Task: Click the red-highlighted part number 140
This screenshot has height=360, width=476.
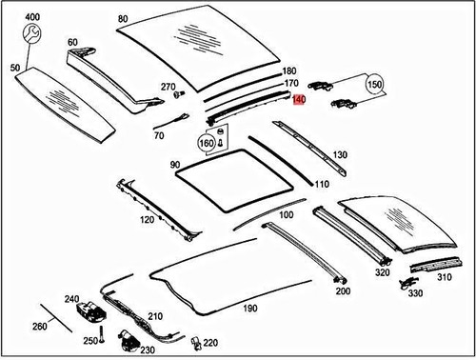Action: [x=299, y=99]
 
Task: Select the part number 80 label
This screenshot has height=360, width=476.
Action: [x=122, y=18]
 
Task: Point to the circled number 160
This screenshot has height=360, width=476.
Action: [x=205, y=144]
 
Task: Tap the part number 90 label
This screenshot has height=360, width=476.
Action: [x=175, y=166]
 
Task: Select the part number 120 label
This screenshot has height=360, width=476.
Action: [x=147, y=220]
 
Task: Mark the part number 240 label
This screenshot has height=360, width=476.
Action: [x=72, y=298]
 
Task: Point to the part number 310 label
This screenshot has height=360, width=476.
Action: [x=443, y=278]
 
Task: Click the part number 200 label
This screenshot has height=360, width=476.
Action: [x=343, y=290]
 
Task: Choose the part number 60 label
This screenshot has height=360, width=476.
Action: [x=73, y=42]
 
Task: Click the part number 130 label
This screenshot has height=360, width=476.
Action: [x=340, y=154]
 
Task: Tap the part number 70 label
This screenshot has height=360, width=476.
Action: [x=158, y=136]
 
